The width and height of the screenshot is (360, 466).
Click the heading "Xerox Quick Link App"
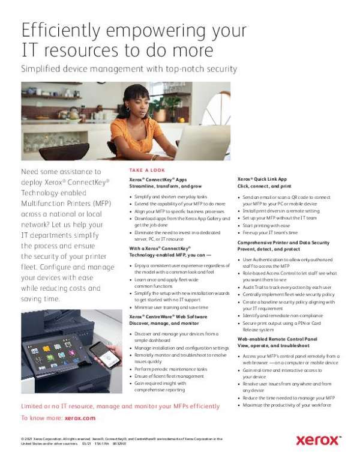pyautogui.click(x=262, y=179)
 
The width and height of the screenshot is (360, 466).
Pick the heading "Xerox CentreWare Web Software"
pyautogui.click(x=169, y=316)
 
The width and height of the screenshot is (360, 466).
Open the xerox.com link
pyautogui.click(x=80, y=417)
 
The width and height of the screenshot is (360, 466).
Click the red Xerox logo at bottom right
pyautogui.click(x=319, y=441)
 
